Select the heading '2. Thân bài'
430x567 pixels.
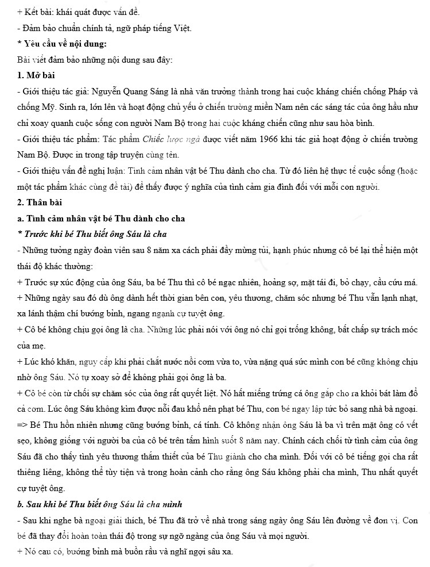(39, 202)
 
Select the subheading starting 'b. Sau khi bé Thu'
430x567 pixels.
(100, 504)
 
